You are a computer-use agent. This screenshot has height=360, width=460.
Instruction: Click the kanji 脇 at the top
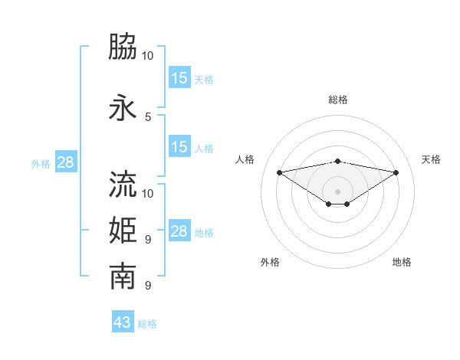coord(123,47)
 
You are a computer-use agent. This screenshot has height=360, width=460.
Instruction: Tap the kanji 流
coord(123,184)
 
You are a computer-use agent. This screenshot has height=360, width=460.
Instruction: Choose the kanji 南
coord(123,277)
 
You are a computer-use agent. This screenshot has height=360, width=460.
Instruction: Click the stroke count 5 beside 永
coord(148,116)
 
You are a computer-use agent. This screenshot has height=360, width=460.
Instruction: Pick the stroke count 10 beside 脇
coord(148,56)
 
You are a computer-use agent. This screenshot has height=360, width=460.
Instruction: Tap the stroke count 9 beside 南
coord(148,286)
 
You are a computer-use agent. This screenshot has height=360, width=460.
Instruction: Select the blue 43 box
coord(123,322)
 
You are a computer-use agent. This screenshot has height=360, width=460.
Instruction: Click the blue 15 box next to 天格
coord(179,78)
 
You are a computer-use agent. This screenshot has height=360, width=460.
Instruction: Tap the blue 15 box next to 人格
coord(179,147)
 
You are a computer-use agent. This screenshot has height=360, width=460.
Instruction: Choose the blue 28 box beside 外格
coord(65,162)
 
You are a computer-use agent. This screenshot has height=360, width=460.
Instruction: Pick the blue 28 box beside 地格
coord(179,231)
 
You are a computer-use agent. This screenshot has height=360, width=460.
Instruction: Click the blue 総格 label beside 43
coord(147,324)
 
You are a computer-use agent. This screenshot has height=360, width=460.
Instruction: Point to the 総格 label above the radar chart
coord(337,100)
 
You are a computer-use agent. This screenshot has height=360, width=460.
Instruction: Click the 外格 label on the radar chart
coord(270,262)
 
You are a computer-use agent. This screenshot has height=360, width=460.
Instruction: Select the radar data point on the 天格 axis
coord(396,172)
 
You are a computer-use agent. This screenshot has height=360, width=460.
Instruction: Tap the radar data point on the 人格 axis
coord(279,172)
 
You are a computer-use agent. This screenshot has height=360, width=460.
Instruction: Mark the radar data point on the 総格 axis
coord(337,161)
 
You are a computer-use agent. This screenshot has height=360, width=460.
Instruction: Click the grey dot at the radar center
coord(337,190)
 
